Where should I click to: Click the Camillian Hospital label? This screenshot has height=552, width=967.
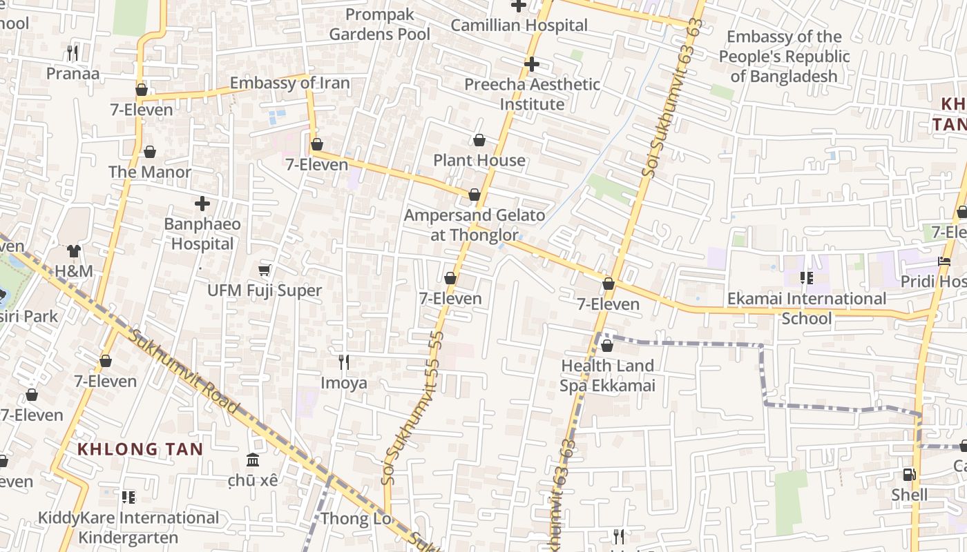519,26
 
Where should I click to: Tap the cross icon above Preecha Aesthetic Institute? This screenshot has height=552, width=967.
531,64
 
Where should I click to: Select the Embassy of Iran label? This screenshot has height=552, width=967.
289,83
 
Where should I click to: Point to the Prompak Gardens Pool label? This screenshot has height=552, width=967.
379,24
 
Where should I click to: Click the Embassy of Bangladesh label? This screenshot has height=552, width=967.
784,57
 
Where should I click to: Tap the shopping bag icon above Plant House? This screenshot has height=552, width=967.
479,141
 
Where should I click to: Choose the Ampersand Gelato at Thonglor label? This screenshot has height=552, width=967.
475,225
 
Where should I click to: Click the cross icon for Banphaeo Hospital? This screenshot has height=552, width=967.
202,204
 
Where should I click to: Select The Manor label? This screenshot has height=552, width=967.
150,172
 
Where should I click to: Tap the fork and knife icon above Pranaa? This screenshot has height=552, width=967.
73,52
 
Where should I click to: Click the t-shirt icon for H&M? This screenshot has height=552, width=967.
74,250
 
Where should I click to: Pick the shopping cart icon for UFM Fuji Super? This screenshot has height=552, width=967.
264,270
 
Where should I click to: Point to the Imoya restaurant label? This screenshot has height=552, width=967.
343,383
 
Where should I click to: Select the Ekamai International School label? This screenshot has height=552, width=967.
806,308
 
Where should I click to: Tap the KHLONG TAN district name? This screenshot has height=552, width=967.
140,449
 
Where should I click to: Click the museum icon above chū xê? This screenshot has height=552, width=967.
253,460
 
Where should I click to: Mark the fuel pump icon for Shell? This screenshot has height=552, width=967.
909,475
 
